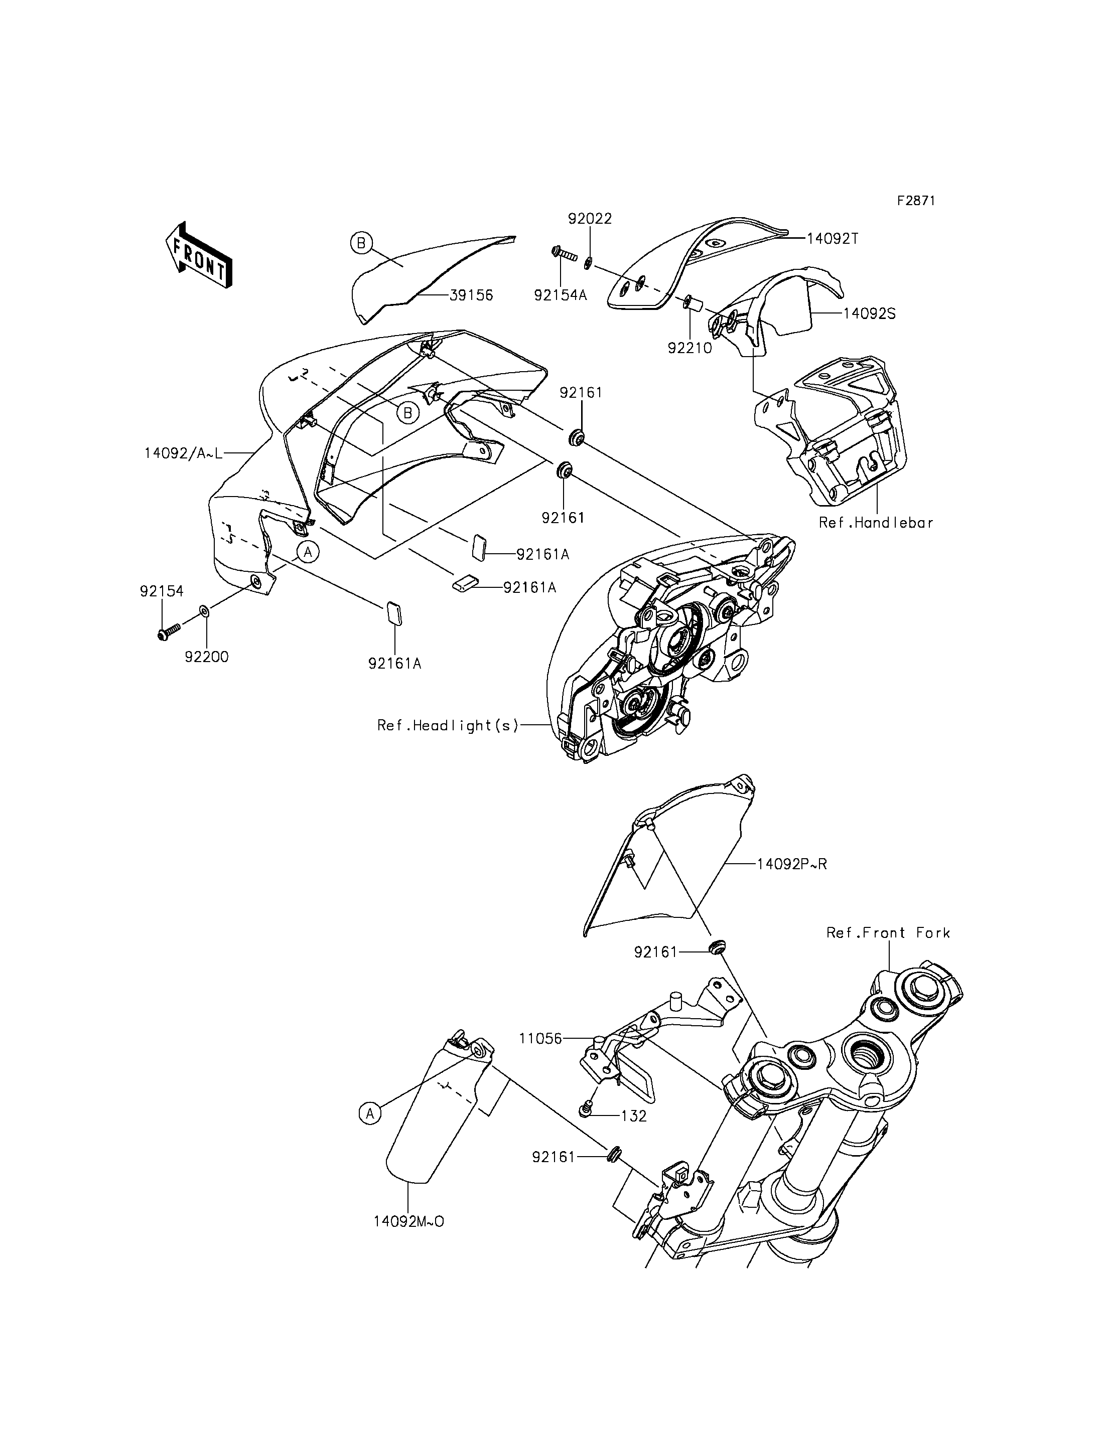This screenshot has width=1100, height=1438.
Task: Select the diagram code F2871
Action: [915, 200]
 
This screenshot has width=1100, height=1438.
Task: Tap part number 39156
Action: [471, 295]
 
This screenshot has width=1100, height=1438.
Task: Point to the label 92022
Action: [590, 219]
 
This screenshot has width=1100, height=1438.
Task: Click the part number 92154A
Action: [561, 295]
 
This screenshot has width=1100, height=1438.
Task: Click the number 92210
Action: [690, 348]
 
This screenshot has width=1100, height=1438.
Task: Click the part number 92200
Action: [207, 657]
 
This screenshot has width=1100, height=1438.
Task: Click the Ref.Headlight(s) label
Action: [448, 725]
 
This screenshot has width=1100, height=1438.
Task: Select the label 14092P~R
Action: [791, 864]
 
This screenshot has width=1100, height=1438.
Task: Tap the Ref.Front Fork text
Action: [888, 933]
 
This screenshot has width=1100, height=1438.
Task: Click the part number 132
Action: [633, 1116]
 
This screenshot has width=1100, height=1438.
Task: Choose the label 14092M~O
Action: [408, 1222]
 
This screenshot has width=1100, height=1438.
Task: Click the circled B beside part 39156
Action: [361, 243]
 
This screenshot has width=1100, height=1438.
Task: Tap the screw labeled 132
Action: [587, 1107]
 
